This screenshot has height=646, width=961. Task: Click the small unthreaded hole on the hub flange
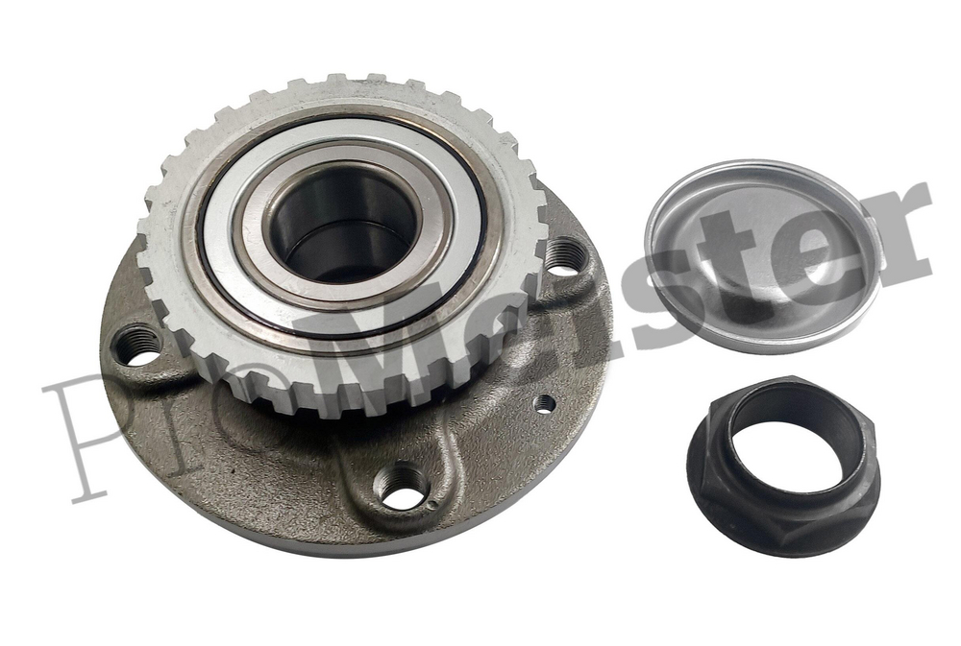[544, 403]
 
